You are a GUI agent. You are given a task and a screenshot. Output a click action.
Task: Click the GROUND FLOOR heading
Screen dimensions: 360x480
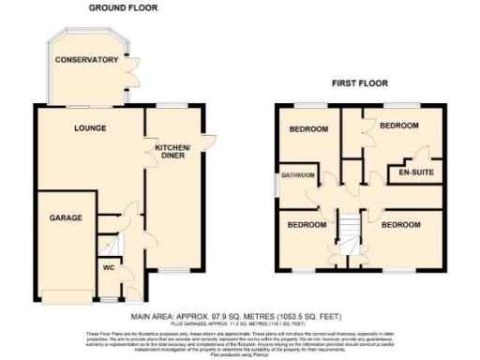(x=122, y=7)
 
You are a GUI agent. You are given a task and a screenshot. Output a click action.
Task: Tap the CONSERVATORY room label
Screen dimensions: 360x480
(x=86, y=60)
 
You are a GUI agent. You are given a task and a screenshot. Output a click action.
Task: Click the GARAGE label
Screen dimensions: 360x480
(x=67, y=217)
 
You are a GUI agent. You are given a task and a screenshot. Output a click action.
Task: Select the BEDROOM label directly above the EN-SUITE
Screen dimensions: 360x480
(x=397, y=125)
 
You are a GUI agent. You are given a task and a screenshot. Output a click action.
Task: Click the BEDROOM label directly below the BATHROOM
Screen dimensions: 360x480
(x=307, y=226)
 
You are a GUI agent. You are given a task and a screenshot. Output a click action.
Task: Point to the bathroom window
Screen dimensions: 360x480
(x=278, y=179)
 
